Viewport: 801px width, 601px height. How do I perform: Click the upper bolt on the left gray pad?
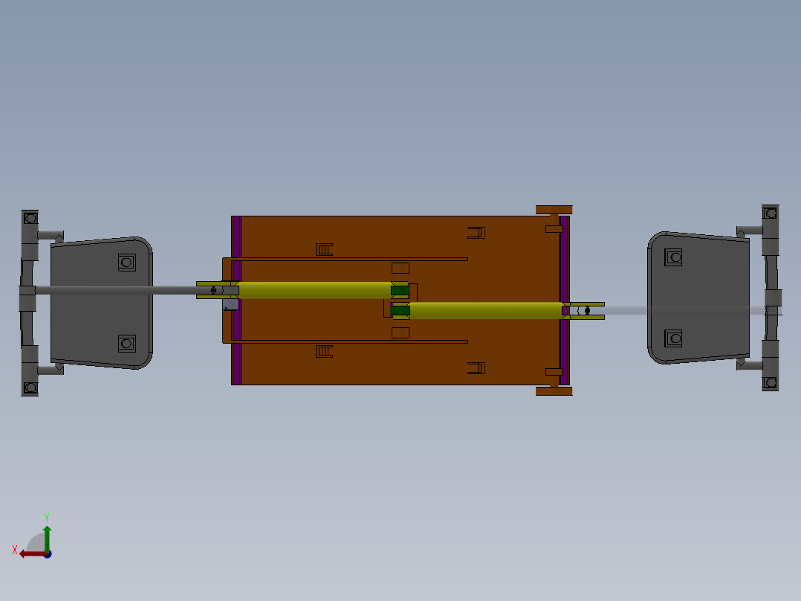(x=126, y=262)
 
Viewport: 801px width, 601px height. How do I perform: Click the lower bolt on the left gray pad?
(x=126, y=343)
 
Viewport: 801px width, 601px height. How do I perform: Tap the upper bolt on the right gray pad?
(x=674, y=257)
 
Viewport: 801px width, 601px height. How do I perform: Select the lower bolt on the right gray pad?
(x=674, y=338)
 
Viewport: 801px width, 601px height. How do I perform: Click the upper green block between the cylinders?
(x=400, y=290)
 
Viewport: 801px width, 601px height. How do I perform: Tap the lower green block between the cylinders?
(x=400, y=310)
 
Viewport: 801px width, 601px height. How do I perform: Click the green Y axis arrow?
(x=47, y=536)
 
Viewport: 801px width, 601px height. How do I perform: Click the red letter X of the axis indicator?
(x=15, y=550)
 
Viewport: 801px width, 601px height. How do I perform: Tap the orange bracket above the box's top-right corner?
(x=554, y=210)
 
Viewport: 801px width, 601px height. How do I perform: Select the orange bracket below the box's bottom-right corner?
(x=554, y=391)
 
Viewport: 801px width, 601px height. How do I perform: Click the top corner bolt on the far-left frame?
(x=30, y=219)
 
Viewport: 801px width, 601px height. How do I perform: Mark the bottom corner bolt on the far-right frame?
(x=771, y=382)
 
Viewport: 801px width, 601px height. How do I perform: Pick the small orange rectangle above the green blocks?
(x=400, y=268)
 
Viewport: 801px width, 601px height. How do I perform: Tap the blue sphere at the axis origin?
(x=47, y=553)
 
